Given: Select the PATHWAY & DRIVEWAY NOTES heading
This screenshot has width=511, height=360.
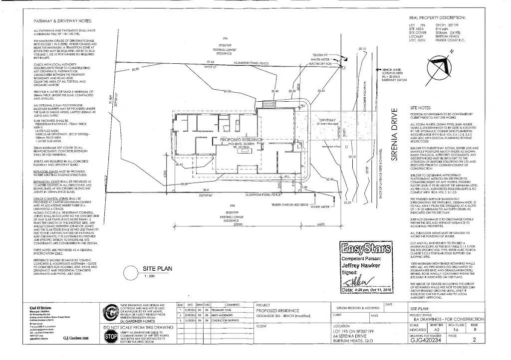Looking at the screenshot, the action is [62, 21].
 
